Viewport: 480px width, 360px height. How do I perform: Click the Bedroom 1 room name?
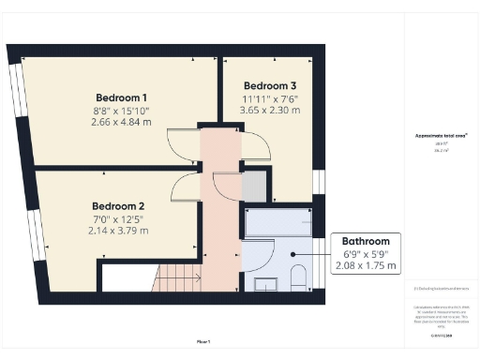coord(121,97)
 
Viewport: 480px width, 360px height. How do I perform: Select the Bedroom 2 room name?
coord(118,206)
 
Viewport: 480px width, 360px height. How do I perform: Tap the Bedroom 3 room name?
coord(271,85)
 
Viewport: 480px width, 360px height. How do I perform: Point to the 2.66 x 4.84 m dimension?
coord(121,122)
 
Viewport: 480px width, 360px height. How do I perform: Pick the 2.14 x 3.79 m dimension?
coord(118,231)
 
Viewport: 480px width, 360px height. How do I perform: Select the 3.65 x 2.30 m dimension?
coord(271,110)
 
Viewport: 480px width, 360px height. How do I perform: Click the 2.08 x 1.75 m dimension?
coord(366,266)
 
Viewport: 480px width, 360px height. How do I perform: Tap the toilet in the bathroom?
coord(298,277)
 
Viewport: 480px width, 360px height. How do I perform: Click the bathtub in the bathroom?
coord(278,223)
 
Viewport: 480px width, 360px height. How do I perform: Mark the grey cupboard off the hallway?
coord(253,187)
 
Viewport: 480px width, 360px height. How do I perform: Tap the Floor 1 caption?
coord(203,341)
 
